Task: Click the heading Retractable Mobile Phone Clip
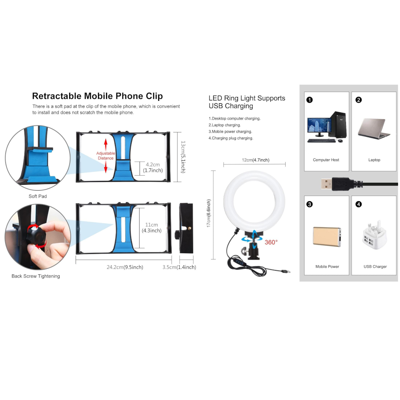click(x=98, y=96)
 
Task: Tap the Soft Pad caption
click(x=38, y=196)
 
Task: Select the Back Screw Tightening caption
click(x=36, y=276)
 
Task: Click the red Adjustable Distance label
click(x=106, y=156)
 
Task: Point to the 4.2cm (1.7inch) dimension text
click(x=153, y=167)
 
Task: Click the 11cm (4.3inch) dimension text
click(x=152, y=228)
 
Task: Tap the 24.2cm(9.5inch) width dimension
click(x=125, y=267)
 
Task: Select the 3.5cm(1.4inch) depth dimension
click(x=179, y=267)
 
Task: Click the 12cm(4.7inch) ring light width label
click(x=256, y=160)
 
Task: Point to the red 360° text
click(x=271, y=242)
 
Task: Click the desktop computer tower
click(x=338, y=125)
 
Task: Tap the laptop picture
click(x=374, y=128)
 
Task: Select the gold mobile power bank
click(x=327, y=237)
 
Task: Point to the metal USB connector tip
click(x=326, y=184)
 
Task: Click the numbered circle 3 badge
click(x=310, y=204)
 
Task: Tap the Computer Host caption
click(x=326, y=160)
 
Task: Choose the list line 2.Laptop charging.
click(x=225, y=125)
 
